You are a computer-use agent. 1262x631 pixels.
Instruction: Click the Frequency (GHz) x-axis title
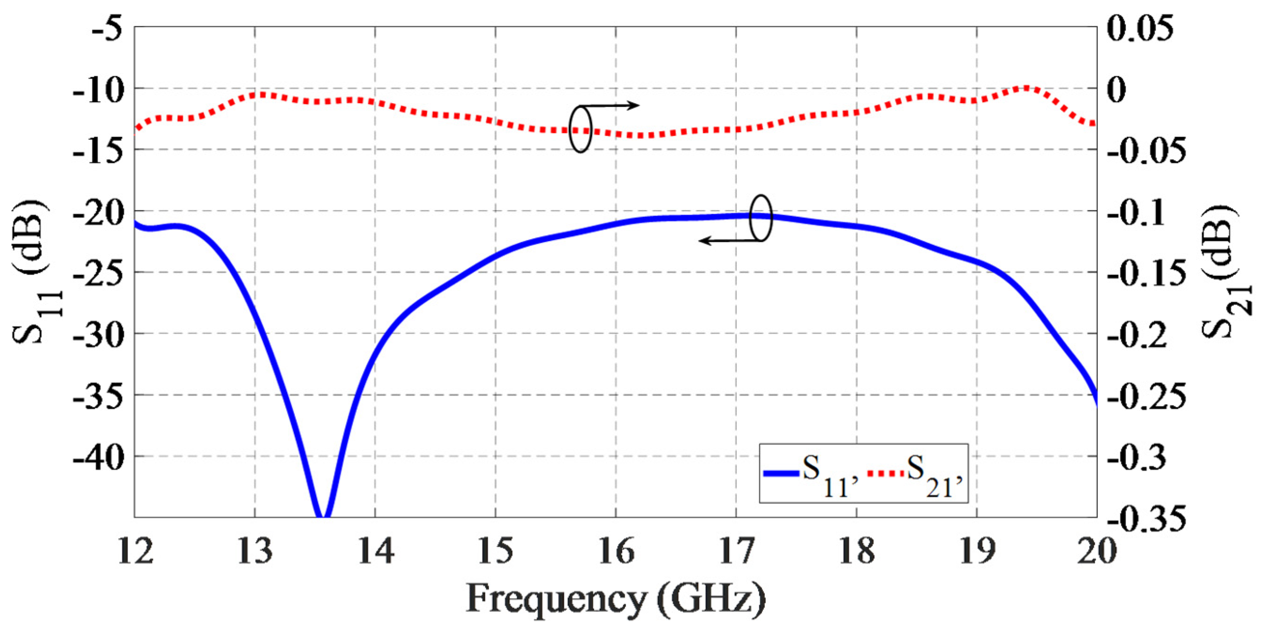pyautogui.click(x=615, y=599)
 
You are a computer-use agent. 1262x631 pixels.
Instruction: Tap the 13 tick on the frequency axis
pyautogui.click(x=255, y=551)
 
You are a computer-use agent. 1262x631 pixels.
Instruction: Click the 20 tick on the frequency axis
pyautogui.click(x=1096, y=551)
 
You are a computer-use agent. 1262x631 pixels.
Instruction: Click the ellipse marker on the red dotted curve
pyautogui.click(x=581, y=129)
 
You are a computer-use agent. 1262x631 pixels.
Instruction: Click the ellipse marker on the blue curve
pyautogui.click(x=761, y=218)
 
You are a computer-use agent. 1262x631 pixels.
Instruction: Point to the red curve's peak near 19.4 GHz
pyautogui.click(x=1026, y=89)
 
